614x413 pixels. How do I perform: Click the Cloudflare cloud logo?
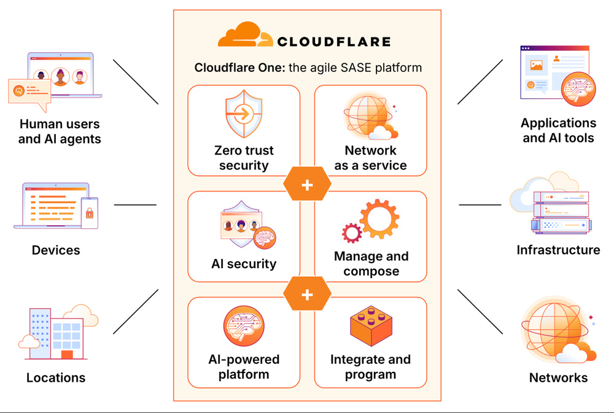(x=245, y=36)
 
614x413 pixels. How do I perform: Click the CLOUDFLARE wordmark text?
(x=333, y=42)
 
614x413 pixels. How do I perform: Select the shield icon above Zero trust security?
(x=244, y=114)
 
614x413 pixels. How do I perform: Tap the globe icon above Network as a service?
(x=367, y=115)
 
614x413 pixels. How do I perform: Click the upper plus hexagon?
(x=307, y=184)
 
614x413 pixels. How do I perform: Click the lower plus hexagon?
(x=307, y=295)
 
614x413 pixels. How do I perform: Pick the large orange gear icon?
(x=379, y=219)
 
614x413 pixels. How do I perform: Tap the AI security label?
(x=244, y=264)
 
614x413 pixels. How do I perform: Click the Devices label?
(x=56, y=250)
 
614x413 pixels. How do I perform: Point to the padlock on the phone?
(x=90, y=214)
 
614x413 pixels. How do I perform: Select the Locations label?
(x=56, y=377)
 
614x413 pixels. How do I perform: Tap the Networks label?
(x=558, y=377)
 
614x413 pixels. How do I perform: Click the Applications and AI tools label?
(x=558, y=130)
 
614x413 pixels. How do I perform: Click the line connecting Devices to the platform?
(x=135, y=205)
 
